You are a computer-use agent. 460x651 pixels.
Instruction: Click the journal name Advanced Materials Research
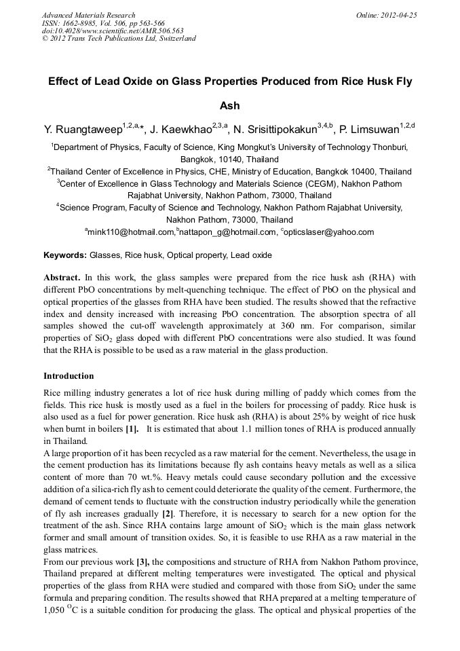click(x=89, y=15)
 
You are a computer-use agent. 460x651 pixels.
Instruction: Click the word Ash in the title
click(x=230, y=106)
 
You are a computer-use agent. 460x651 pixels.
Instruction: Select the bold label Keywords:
click(x=64, y=255)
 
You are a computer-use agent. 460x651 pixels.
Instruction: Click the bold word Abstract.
click(x=62, y=278)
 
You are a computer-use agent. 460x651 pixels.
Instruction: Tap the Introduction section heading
click(x=69, y=375)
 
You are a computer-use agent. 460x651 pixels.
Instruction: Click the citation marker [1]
click(x=132, y=430)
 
